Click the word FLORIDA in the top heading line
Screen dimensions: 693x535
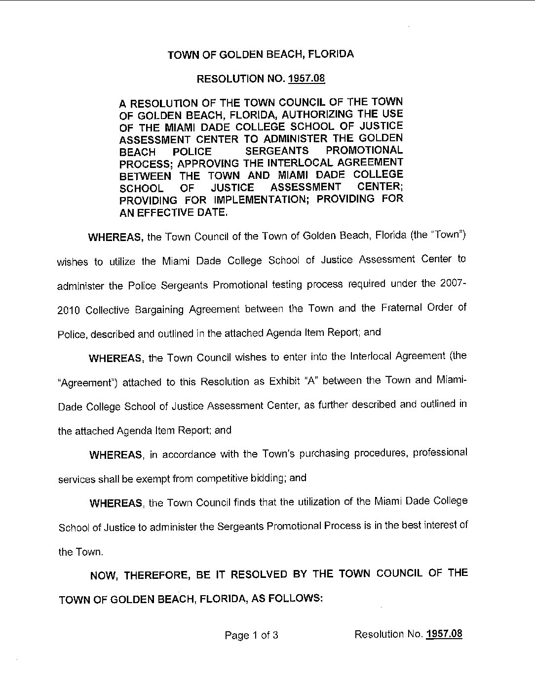[331, 54]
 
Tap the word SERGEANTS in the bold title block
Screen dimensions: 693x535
[277, 151]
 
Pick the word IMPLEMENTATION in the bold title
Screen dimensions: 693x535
[262, 200]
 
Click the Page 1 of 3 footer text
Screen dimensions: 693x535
[251, 635]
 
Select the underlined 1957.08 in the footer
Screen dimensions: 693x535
[444, 634]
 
